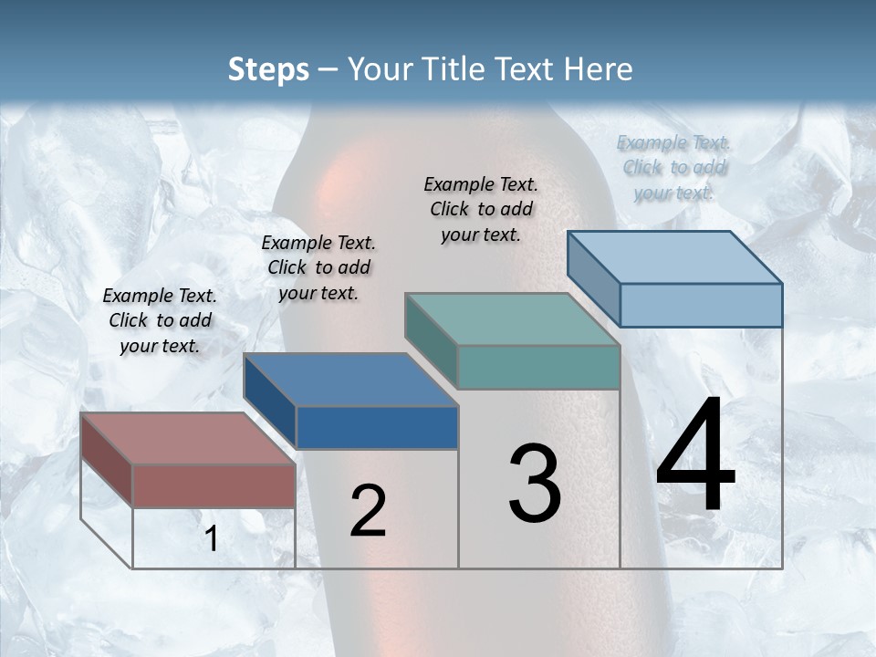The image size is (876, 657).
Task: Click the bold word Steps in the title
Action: pyautogui.click(x=268, y=69)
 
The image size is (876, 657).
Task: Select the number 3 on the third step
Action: pyautogui.click(x=535, y=484)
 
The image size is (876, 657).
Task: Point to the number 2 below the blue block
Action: pyautogui.click(x=368, y=511)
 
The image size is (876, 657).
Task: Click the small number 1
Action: pyautogui.click(x=212, y=539)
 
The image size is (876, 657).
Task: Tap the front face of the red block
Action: pyautogui.click(x=214, y=485)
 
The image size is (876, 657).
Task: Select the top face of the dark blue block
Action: pyautogui.click(x=351, y=380)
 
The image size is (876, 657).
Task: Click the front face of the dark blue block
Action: pyautogui.click(x=377, y=427)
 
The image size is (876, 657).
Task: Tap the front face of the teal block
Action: pyautogui.click(x=538, y=367)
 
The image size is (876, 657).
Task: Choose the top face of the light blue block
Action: pyautogui.click(x=675, y=257)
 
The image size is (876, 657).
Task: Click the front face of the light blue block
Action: pyautogui.click(x=701, y=305)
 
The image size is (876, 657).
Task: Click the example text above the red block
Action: pyautogui.click(x=160, y=320)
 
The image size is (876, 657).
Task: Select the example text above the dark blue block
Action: pyautogui.click(x=318, y=267)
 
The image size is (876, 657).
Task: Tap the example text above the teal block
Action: pyautogui.click(x=481, y=209)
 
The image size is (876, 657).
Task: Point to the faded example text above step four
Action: pyautogui.click(x=674, y=167)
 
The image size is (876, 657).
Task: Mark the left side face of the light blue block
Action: pyautogui.click(x=593, y=278)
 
